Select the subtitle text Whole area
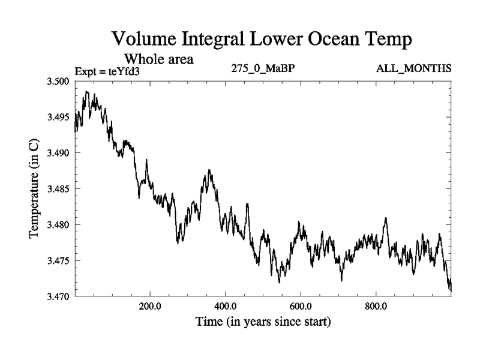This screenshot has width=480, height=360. tap(158, 60)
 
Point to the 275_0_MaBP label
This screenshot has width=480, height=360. tap(262, 68)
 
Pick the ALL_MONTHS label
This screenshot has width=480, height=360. tap(413, 68)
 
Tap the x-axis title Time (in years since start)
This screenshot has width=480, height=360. tap(263, 322)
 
